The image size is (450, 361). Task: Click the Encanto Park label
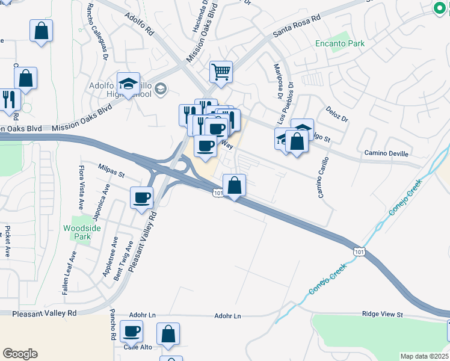pyautogui.click(x=340, y=43)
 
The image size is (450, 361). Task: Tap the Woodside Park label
pyautogui.click(x=77, y=232)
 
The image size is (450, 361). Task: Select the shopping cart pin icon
pyautogui.click(x=221, y=72)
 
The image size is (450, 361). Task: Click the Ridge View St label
pyautogui.click(x=382, y=315)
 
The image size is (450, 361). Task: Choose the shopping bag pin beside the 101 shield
pyautogui.click(x=235, y=185)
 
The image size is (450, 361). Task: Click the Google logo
pyautogui.click(x=20, y=354)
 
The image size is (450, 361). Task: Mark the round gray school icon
pyautogui.click(x=161, y=90)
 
